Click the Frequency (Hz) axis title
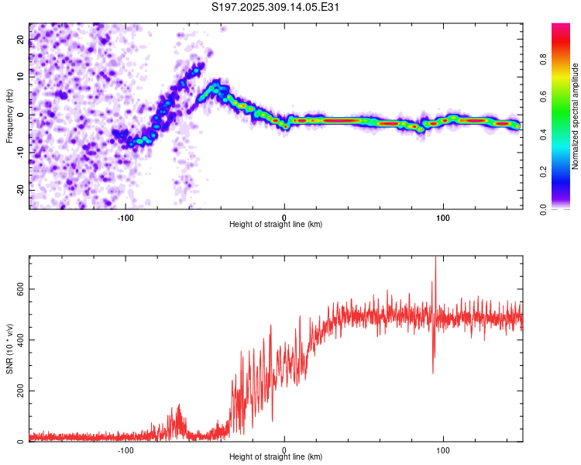[10, 115]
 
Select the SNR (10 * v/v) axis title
[10, 349]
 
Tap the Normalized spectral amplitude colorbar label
[576, 115]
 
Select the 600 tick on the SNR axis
[19, 289]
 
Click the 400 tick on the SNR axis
[19, 340]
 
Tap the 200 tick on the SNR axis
[19, 391]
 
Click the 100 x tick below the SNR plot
[443, 449]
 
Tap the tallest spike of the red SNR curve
[435, 258]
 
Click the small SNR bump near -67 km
[179, 407]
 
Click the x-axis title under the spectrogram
[276, 225]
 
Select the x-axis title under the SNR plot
[276, 458]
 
